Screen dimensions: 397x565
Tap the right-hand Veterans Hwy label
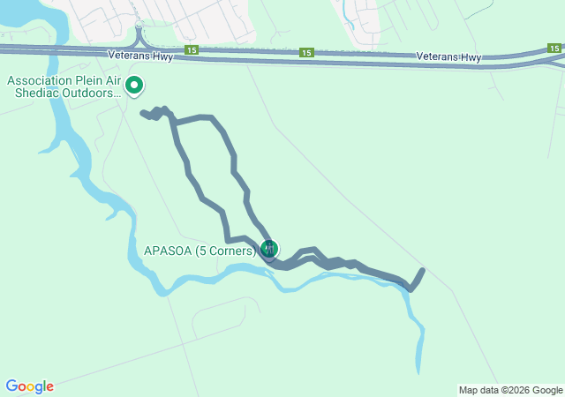click(448, 57)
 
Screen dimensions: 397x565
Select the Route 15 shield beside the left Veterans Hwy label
click(191, 53)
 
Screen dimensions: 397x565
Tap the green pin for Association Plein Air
click(134, 86)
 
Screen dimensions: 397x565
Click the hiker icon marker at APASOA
click(269, 249)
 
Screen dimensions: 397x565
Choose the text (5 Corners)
click(225, 250)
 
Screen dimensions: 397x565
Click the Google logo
click(29, 386)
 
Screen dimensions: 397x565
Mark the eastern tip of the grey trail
click(424, 270)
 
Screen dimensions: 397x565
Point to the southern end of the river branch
click(418, 371)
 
